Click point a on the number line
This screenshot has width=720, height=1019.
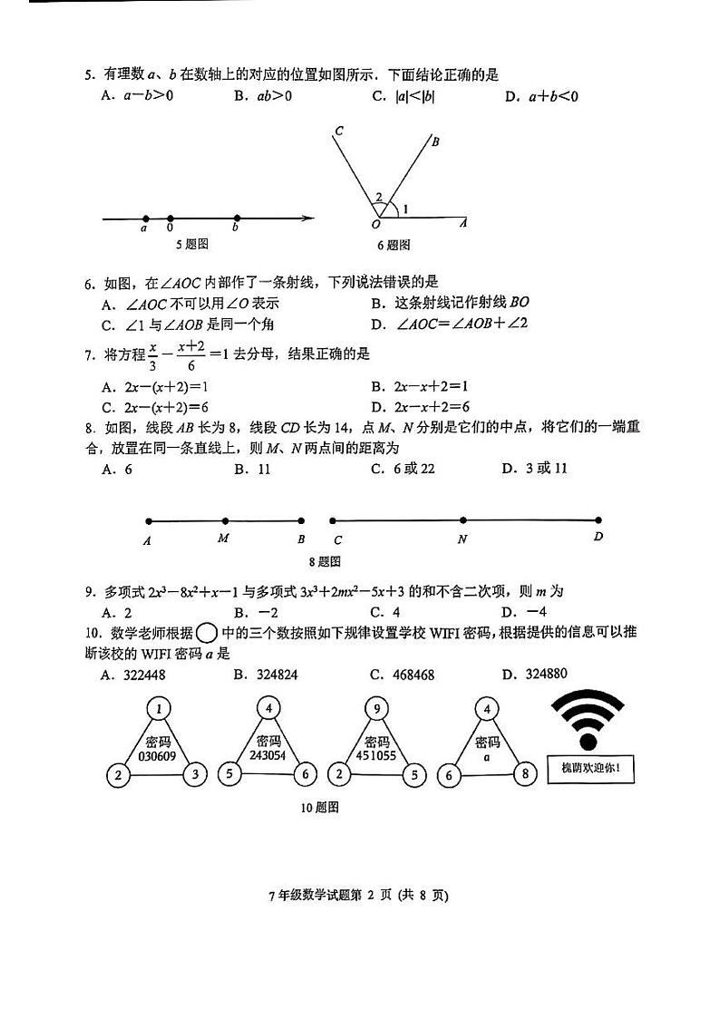(x=145, y=218)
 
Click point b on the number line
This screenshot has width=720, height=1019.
(x=237, y=218)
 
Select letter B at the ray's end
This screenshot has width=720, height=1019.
(x=435, y=141)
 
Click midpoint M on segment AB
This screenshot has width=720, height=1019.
(x=225, y=521)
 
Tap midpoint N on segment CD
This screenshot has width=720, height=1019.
(x=462, y=520)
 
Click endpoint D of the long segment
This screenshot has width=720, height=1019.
(x=598, y=520)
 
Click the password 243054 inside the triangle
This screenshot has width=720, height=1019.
(x=268, y=754)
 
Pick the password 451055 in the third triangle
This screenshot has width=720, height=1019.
(x=376, y=754)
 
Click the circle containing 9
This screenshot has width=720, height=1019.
(x=376, y=707)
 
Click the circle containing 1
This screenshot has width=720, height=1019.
(x=159, y=707)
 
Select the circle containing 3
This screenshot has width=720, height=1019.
(x=194, y=775)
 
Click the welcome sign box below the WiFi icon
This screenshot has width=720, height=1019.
(x=590, y=771)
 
